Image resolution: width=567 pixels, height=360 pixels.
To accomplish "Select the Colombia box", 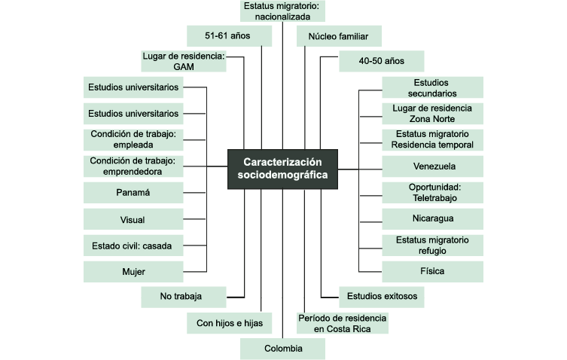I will coord(282,349).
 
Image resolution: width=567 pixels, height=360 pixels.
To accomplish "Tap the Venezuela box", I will coord(434,166).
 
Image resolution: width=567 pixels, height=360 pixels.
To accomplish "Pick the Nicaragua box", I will coord(434,218).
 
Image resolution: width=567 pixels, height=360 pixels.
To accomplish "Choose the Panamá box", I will coord(133,193).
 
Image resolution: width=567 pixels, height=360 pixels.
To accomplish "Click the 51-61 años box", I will coord(227,35).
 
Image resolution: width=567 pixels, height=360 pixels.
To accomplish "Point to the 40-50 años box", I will coord(382,61).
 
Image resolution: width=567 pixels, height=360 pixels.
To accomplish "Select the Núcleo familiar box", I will coord(339,35).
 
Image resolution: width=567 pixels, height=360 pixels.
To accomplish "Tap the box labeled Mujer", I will coord(133,271).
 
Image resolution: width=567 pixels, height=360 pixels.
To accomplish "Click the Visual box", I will coord(133,219).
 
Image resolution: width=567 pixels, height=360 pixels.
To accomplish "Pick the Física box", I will coord(434,270).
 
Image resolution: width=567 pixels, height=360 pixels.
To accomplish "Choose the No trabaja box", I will coord(182,297).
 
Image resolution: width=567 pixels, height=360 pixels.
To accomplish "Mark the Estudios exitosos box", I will coord(382,297).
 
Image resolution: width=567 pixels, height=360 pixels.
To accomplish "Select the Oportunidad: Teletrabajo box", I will coord(434,192).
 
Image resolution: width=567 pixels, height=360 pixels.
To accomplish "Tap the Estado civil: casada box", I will coord(133,245).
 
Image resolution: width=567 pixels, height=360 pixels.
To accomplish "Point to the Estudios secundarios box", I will coord(432,88).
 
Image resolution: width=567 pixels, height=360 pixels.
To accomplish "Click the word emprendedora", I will coord(133,172).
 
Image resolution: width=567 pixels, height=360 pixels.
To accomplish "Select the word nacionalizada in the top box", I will coord(282,17).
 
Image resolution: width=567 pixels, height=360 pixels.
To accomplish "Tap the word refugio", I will coord(432,250).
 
